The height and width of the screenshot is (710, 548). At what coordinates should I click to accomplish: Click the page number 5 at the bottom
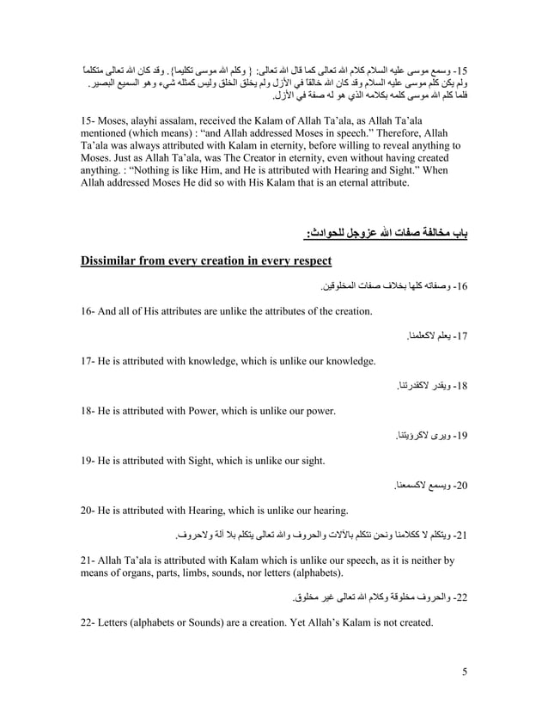(x=464, y=671)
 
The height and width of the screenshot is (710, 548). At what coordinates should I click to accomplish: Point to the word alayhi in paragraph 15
(x=152, y=124)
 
